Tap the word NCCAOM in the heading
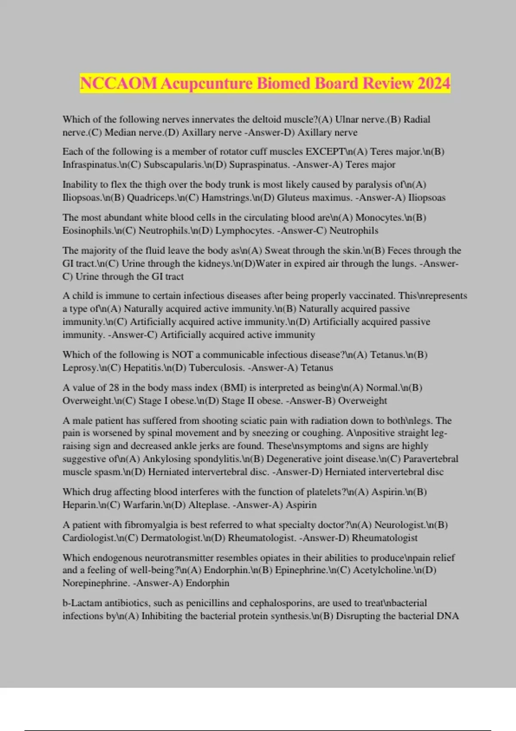point(119,83)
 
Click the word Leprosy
point(80,368)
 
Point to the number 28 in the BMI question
point(114,387)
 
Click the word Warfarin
point(142,504)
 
